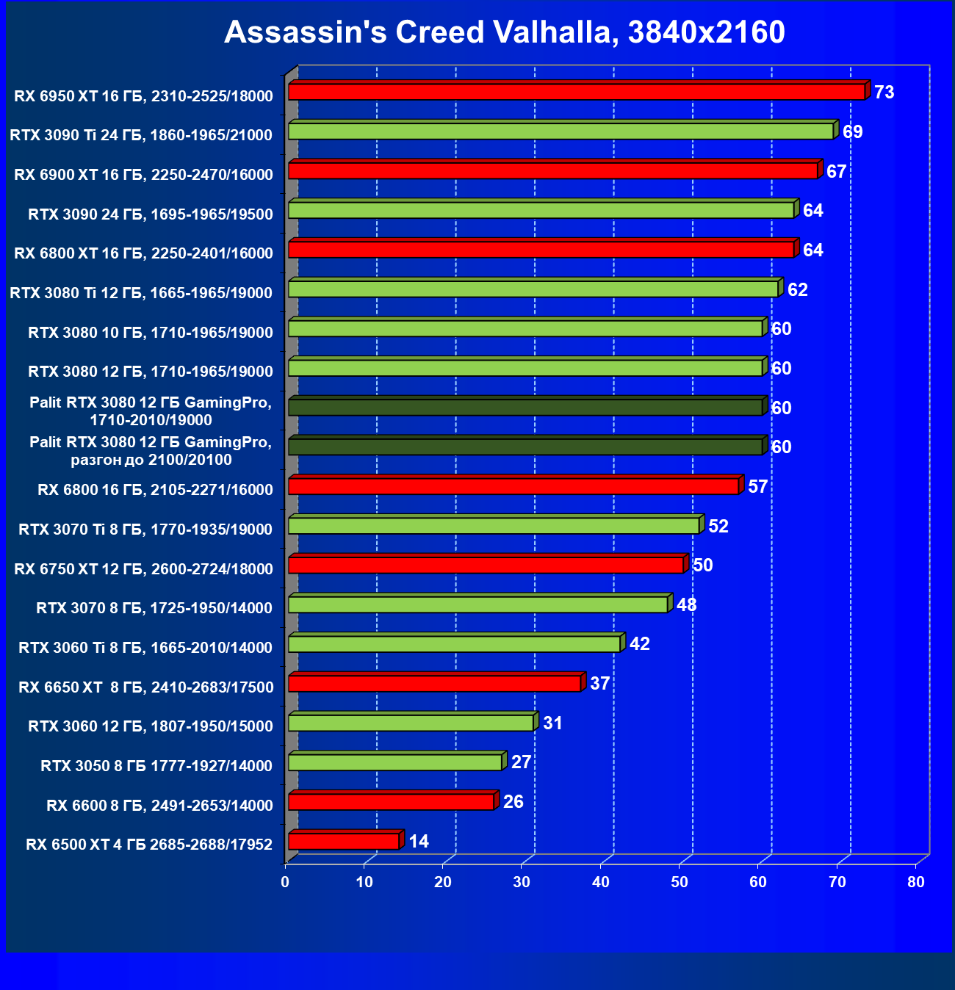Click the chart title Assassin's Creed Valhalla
click(x=504, y=32)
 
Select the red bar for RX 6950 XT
click(x=577, y=92)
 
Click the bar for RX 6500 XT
click(x=344, y=841)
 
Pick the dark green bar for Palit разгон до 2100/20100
click(x=525, y=447)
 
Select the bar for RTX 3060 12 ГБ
click(x=411, y=723)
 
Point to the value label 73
click(x=884, y=93)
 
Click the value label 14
click(x=419, y=842)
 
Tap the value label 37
click(x=600, y=684)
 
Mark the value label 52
click(x=718, y=527)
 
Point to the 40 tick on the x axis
click(x=601, y=882)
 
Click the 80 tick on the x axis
click(x=916, y=882)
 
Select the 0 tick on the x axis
click(x=286, y=882)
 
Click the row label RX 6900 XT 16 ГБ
click(x=143, y=175)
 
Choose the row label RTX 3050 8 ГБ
click(x=156, y=766)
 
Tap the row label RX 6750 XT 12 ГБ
click(x=143, y=569)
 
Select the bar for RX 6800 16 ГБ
click(x=513, y=486)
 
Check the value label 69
click(x=852, y=132)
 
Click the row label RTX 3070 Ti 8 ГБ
click(x=145, y=530)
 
